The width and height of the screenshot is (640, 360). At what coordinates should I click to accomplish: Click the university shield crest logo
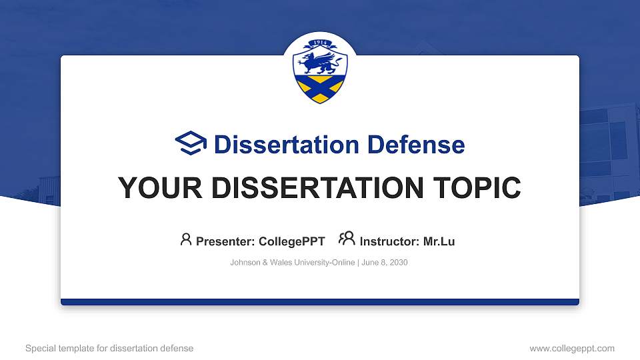tap(320, 72)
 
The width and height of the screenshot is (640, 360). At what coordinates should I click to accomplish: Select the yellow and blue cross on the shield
tap(320, 87)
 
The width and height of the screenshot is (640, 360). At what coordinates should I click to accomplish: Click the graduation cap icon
tap(191, 143)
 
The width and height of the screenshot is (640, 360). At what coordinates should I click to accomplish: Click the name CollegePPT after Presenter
tap(292, 241)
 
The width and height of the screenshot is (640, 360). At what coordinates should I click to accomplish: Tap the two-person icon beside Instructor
tap(347, 239)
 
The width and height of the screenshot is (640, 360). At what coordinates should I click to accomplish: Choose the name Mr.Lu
tap(439, 241)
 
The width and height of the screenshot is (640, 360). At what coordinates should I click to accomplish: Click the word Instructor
tap(389, 241)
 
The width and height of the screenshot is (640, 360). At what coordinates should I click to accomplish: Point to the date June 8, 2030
tap(385, 263)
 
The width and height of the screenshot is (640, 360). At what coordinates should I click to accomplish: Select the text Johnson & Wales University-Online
tap(292, 263)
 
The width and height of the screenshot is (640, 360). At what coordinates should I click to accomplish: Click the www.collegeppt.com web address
tap(572, 348)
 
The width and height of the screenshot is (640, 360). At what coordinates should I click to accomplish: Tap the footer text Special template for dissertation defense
tap(109, 348)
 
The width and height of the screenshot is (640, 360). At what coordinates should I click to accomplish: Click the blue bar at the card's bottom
tap(320, 302)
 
